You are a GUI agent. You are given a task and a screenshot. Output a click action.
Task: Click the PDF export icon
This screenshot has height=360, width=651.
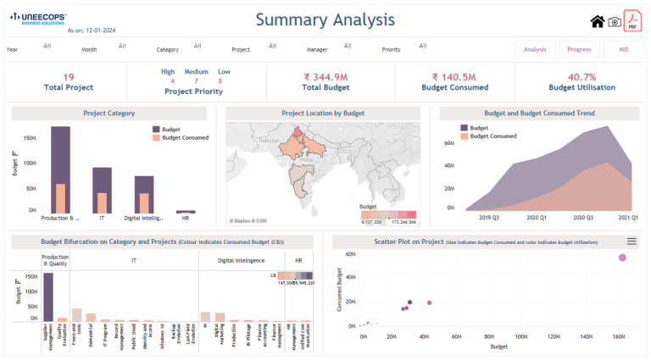(x=632, y=21)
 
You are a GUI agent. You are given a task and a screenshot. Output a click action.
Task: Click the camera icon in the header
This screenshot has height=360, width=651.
(x=615, y=22)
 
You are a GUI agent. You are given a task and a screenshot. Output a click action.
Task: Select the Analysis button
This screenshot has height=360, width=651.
(x=535, y=49)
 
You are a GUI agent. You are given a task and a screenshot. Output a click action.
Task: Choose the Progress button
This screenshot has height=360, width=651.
(x=580, y=49)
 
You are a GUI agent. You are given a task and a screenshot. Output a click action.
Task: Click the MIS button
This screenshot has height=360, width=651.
(x=623, y=49)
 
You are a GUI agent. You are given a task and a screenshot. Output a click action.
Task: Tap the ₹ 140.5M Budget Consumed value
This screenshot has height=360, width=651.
(x=454, y=77)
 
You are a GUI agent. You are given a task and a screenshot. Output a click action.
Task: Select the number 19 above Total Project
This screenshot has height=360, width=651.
(x=69, y=77)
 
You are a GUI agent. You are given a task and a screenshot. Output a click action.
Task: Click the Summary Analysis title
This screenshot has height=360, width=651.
(x=325, y=19)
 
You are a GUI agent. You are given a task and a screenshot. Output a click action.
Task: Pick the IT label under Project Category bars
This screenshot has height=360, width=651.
(x=102, y=218)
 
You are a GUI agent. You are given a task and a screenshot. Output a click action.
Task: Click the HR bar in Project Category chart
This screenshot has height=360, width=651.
(x=186, y=211)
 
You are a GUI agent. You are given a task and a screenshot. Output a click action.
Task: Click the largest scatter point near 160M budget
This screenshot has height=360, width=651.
(x=622, y=258)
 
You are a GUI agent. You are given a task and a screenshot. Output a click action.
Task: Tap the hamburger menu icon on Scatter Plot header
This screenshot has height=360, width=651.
(x=632, y=241)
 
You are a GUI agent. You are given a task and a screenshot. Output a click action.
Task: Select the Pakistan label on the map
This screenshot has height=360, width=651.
(x=269, y=141)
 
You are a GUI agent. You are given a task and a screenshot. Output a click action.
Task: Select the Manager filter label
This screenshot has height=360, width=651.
(x=317, y=50)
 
